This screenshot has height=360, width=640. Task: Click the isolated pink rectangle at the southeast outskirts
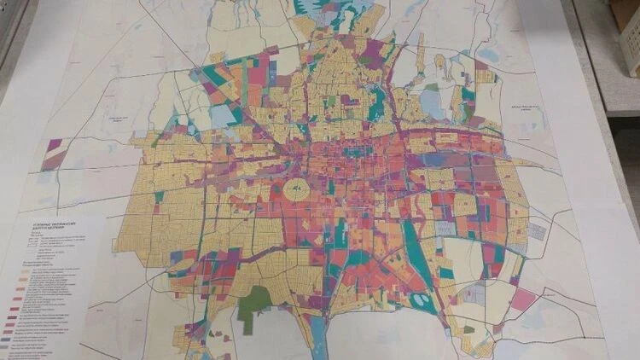coord(523,299)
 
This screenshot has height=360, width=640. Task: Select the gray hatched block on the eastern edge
coord(538,230)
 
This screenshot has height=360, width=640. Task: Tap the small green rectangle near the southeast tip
coord(468,329)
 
